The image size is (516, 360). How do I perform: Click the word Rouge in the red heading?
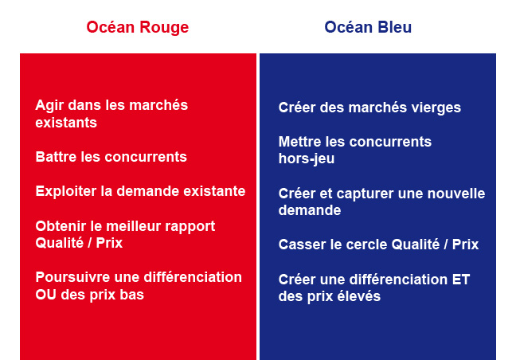164,28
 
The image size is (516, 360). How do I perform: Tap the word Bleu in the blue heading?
395,27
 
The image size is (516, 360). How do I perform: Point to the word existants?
66,123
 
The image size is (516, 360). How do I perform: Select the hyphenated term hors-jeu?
307,159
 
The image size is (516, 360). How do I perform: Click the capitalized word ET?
461,280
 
